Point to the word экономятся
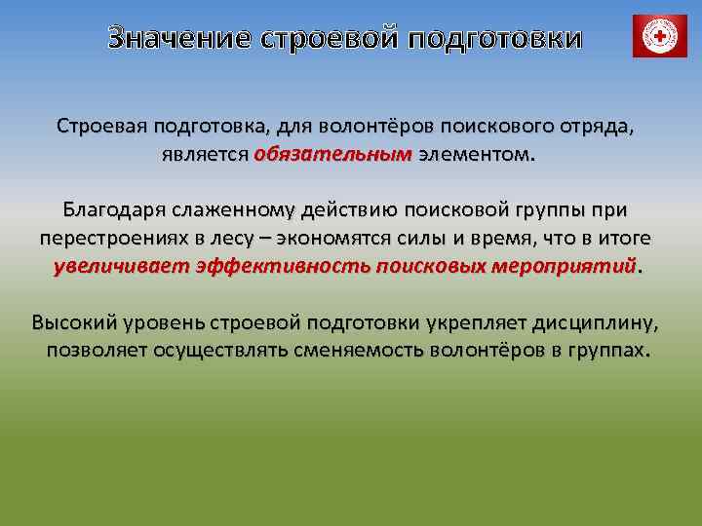coord(331,238)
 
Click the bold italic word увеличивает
coord(121,265)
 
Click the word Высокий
coord(71,321)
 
